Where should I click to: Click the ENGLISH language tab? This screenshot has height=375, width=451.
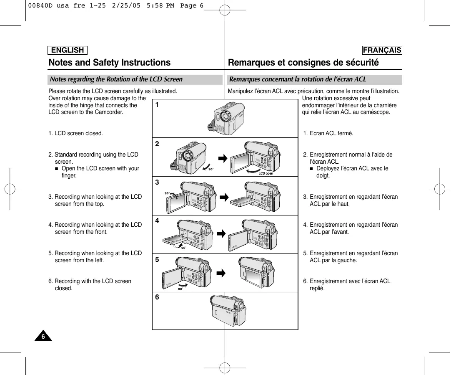point(67,50)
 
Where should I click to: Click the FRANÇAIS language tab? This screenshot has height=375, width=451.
point(382,50)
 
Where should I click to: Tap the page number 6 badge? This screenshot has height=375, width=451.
point(43,337)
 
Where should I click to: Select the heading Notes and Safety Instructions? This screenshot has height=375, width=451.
point(110,63)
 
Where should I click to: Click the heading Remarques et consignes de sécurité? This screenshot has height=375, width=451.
point(303,63)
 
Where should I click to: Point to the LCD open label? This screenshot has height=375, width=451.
point(266,173)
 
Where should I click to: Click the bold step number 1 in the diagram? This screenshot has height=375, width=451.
point(157,105)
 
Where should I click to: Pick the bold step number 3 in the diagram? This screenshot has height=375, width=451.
point(157,182)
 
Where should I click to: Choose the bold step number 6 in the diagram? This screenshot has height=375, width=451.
point(157,297)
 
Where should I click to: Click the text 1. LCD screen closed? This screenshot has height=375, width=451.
point(76,134)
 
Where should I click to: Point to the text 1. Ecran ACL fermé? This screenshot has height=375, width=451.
point(328,134)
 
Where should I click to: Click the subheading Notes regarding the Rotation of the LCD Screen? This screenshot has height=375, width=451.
point(116,79)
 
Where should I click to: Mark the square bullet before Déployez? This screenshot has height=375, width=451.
point(311,169)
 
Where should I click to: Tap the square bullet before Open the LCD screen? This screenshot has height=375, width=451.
point(57,169)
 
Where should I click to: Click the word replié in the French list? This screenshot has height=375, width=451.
point(317,288)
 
